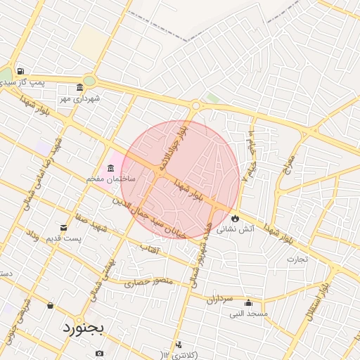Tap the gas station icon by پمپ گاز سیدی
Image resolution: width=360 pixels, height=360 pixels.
[21, 72]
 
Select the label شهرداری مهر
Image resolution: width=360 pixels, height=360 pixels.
[79, 98]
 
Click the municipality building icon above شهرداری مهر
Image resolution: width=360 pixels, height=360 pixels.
[79, 88]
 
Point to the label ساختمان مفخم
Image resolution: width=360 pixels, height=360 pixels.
[105, 179]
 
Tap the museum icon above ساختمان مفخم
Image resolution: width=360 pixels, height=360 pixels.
[109, 168]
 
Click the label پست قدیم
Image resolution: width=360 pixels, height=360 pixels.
[60, 239]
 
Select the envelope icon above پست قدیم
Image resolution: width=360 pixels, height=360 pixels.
[64, 228]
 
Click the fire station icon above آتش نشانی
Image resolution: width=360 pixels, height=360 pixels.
[236, 218]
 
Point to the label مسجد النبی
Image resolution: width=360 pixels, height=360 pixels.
[248, 314]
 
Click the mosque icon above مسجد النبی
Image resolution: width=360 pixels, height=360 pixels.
[247, 303]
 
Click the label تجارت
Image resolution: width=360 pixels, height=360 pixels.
[297, 259]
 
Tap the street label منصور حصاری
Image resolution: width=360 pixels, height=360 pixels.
[148, 283]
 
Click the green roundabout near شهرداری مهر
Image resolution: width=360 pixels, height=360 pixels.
[89, 80]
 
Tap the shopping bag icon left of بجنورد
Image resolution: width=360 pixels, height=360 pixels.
[50, 305]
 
